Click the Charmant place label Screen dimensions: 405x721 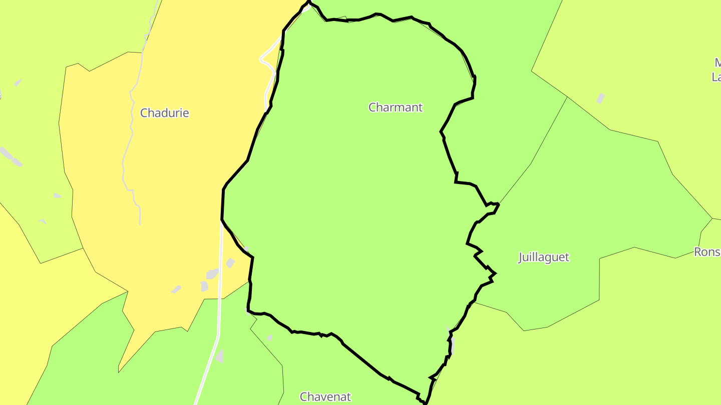(396, 107)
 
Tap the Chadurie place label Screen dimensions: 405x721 (164, 113)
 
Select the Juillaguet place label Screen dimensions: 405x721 (543, 257)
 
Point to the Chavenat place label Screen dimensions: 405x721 (325, 397)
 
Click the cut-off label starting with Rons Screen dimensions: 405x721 (707, 251)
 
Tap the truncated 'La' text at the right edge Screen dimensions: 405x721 (716, 77)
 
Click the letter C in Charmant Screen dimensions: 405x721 (372, 107)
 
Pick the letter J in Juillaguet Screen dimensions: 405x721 (521, 257)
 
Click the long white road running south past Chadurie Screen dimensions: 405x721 (220, 300)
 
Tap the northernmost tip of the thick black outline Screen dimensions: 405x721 (309, 2)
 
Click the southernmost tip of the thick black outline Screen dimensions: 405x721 (425, 402)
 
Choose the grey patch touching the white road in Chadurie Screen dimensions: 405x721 (212, 273)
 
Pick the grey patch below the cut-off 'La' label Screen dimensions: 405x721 (600, 98)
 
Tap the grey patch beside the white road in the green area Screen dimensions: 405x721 (219, 356)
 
